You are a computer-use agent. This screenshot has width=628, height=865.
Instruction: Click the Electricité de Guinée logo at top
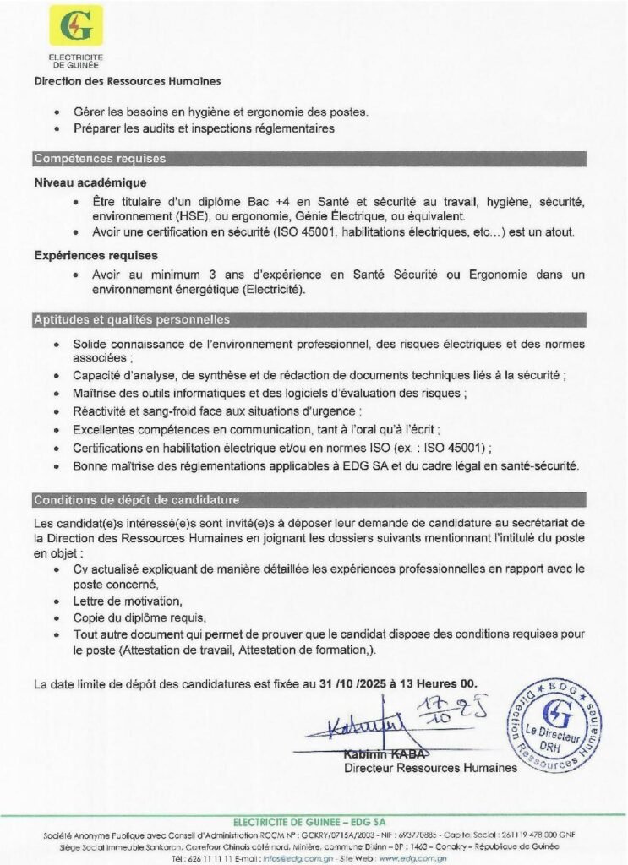point(76,26)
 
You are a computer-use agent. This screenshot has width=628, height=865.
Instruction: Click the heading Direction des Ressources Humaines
point(127,82)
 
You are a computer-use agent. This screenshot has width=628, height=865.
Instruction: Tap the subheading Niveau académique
point(90,182)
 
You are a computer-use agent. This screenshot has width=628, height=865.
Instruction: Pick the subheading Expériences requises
point(96,255)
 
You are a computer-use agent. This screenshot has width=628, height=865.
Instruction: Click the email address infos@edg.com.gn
point(287,857)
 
